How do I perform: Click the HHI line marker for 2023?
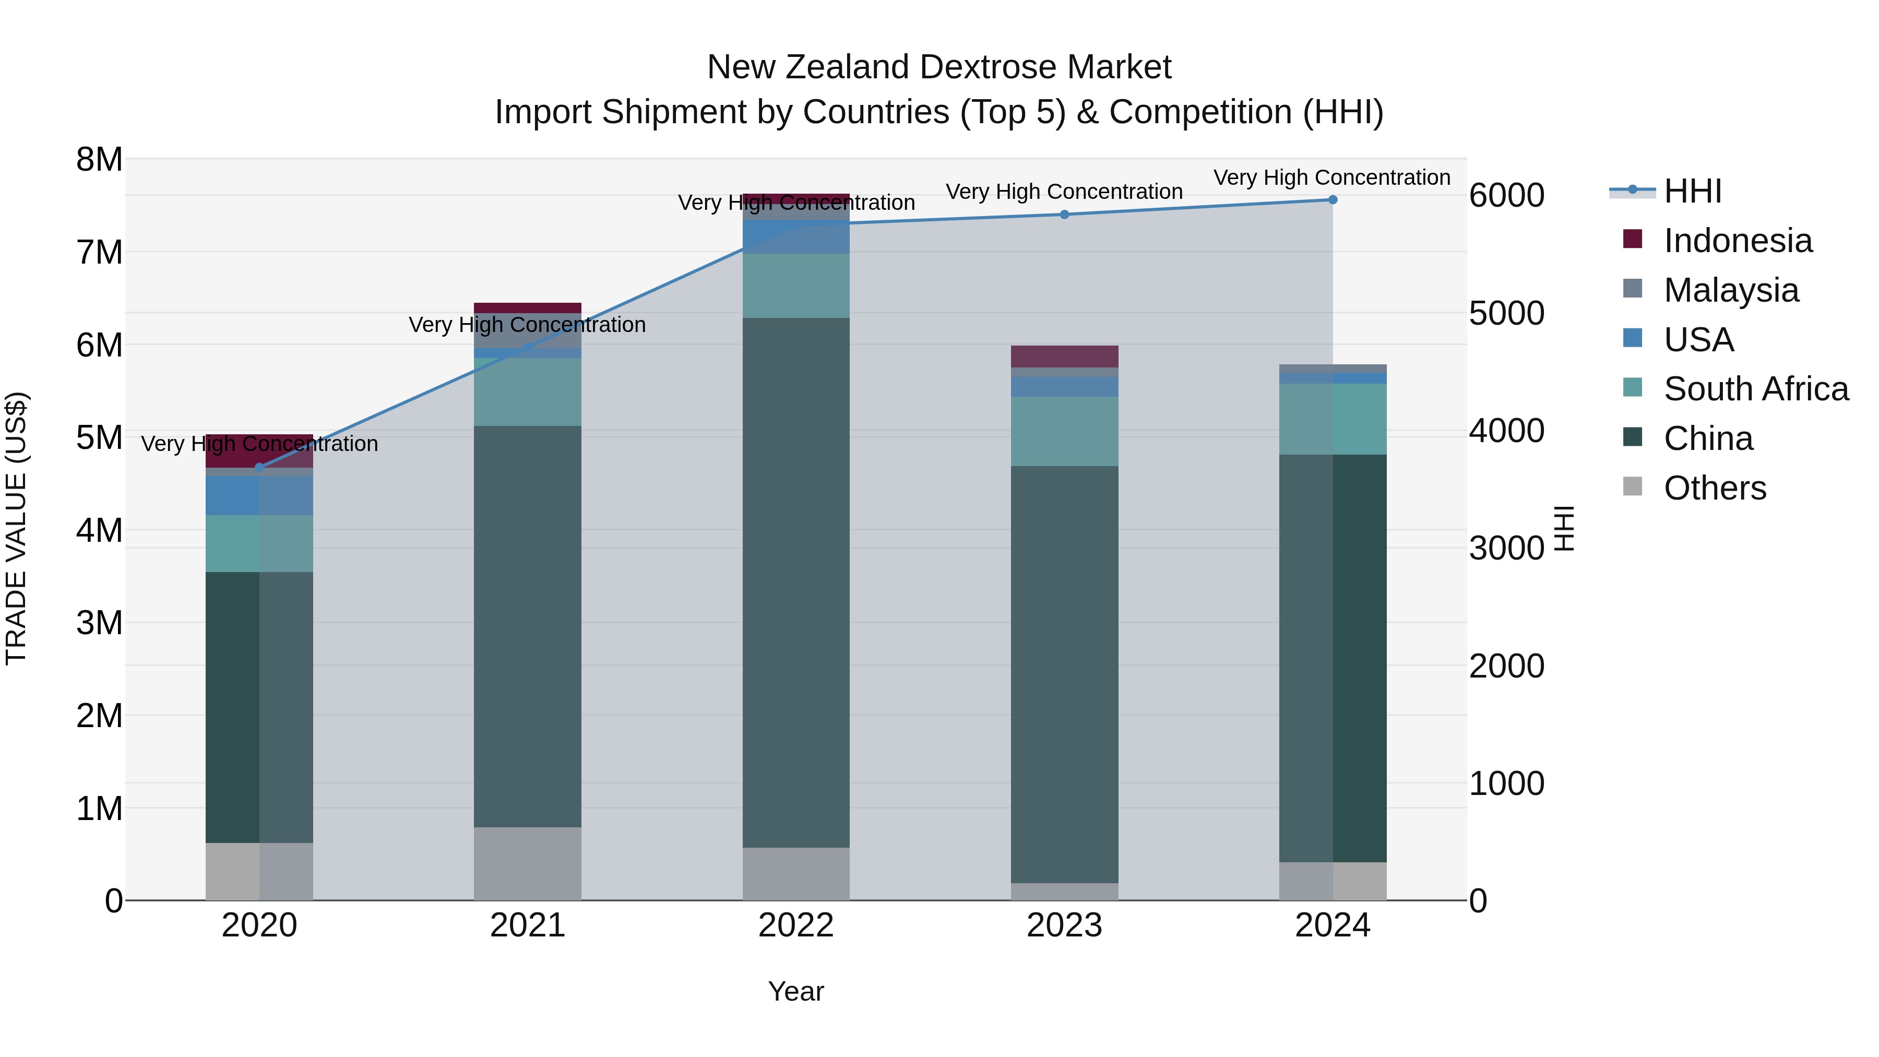click(x=1064, y=215)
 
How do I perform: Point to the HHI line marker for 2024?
click(x=1333, y=200)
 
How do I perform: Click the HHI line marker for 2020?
click(x=260, y=468)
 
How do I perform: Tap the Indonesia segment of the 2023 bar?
click(x=1064, y=357)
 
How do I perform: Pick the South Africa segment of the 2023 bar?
click(x=1064, y=431)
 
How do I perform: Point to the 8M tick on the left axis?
click(x=99, y=160)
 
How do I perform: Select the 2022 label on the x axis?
click(x=796, y=925)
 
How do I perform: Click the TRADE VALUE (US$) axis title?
click(x=16, y=529)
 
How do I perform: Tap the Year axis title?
click(x=796, y=991)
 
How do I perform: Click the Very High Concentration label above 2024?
click(x=1332, y=177)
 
